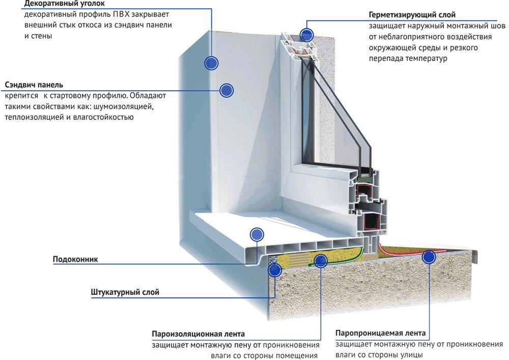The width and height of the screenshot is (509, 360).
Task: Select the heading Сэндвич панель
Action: pyautogui.click(x=34, y=85)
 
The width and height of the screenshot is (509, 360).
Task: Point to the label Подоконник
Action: pyautogui.click(x=75, y=259)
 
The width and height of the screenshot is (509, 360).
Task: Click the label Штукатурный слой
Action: pyautogui.click(x=125, y=292)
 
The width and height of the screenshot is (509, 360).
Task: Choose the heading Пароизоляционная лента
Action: pyautogui.click(x=198, y=334)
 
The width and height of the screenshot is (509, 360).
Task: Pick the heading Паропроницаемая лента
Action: pyautogui.click(x=381, y=334)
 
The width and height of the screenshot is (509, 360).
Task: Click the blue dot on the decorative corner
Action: pyautogui.click(x=211, y=63)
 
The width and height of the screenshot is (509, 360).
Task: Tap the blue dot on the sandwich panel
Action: pyautogui.click(x=226, y=91)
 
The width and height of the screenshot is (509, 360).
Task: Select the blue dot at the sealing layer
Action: pyautogui.click(x=306, y=35)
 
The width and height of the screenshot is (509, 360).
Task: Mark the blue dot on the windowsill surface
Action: pyautogui.click(x=257, y=234)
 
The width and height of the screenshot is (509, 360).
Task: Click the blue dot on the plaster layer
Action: pyautogui.click(x=275, y=270)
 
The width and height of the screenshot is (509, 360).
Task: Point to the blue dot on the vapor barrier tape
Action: pyautogui.click(x=320, y=262)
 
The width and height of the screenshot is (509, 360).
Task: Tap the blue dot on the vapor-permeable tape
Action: pyautogui.click(x=429, y=258)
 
